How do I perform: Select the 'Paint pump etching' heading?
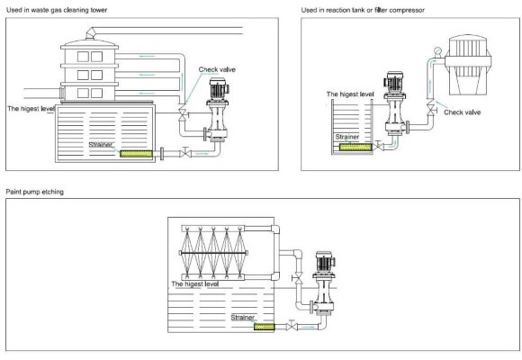[x=34, y=192]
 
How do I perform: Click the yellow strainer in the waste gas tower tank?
[x=134, y=153]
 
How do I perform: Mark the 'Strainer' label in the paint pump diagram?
[x=242, y=317]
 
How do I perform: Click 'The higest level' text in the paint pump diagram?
[x=194, y=283]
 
